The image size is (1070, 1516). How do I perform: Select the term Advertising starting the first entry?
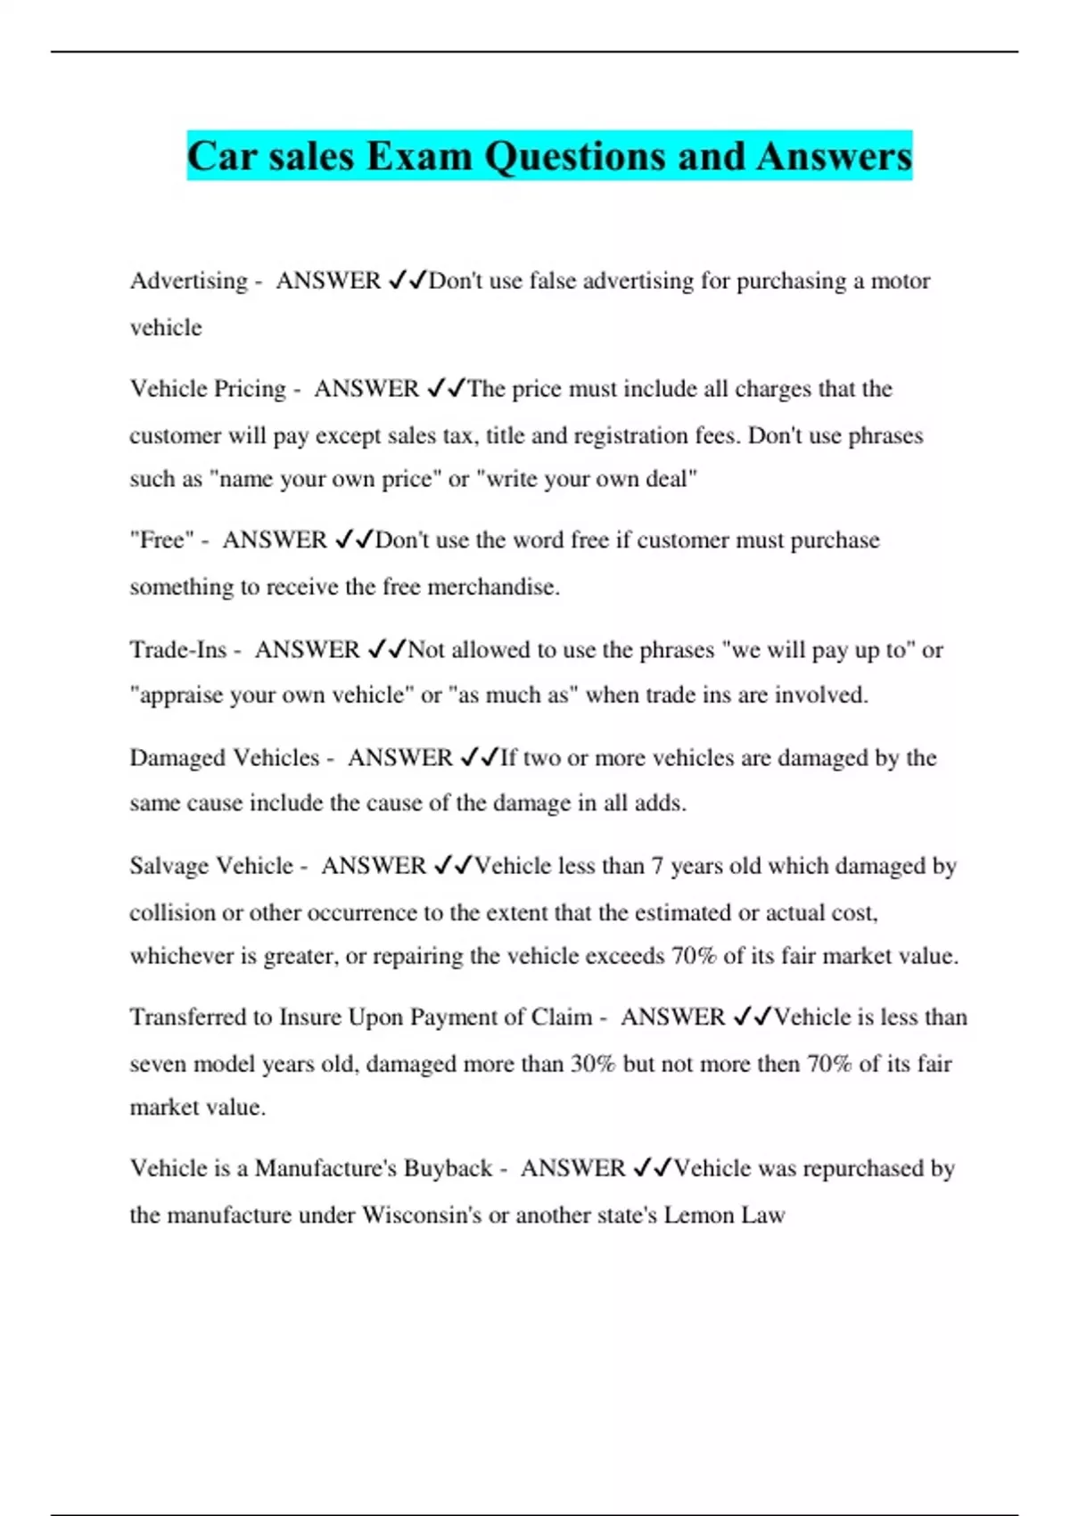[189, 281]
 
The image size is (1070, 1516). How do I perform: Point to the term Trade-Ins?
[178, 649]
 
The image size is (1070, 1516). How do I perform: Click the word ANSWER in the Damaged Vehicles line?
[399, 758]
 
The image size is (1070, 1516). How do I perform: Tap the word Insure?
[310, 1018]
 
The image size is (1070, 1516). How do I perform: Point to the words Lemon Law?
[724, 1215]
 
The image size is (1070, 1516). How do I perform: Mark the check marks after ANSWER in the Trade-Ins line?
[387, 649]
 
